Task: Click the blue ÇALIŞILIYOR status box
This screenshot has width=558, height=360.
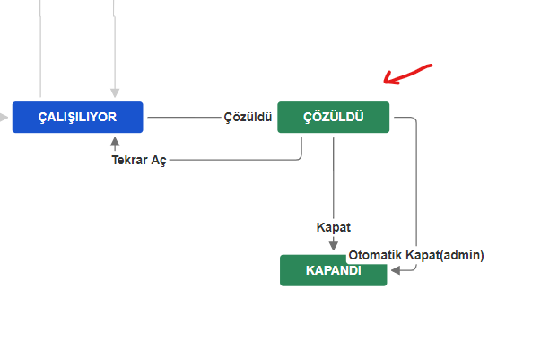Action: click(77, 117)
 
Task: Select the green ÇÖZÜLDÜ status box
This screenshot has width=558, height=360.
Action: click(334, 117)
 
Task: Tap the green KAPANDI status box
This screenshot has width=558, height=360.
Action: click(334, 270)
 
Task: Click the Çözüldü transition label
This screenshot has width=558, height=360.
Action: click(248, 117)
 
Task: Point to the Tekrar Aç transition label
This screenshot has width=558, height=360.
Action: click(139, 160)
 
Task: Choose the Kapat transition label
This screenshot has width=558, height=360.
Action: click(334, 227)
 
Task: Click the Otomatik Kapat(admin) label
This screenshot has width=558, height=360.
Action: click(416, 255)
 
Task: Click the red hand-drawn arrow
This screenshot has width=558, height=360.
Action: click(407, 75)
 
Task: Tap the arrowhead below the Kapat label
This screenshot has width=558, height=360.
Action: click(334, 246)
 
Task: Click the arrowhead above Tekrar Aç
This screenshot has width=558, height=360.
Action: click(115, 143)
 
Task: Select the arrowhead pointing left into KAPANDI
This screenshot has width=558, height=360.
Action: click(396, 270)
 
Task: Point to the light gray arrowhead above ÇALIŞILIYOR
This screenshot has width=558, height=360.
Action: click(115, 93)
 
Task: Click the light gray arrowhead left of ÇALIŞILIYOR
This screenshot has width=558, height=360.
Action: click(4, 117)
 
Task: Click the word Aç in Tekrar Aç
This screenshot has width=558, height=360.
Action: click(159, 161)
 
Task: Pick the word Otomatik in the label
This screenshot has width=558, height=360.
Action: click(376, 255)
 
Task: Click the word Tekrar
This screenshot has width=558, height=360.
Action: click(129, 160)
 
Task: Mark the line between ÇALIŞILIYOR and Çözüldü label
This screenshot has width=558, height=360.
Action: click(184, 117)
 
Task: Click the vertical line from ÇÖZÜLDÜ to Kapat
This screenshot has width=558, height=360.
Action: click(334, 178)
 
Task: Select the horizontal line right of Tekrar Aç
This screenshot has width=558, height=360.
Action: click(235, 160)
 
